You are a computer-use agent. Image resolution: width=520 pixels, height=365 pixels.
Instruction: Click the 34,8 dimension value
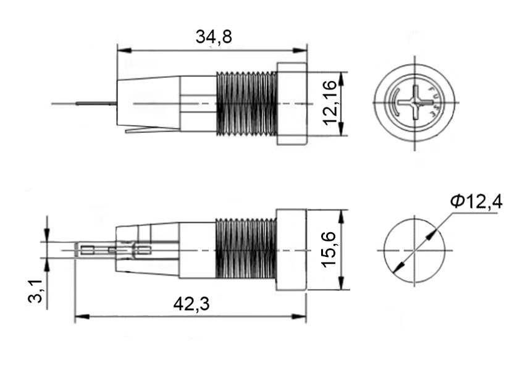point(214,36)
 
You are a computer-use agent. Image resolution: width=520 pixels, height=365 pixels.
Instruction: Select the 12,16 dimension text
point(330,103)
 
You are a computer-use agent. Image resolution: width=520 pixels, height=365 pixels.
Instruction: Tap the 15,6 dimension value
point(329,250)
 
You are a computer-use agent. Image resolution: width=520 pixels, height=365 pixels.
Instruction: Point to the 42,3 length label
point(191,304)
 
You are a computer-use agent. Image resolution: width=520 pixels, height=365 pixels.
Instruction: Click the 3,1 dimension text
point(35,291)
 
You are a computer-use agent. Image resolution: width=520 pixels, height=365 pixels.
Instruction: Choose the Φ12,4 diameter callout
point(476,201)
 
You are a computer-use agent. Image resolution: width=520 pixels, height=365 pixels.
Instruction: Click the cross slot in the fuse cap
point(415,102)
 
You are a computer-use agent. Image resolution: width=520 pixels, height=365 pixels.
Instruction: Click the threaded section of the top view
point(246,103)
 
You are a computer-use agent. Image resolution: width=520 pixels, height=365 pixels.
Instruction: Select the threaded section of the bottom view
point(246,248)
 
